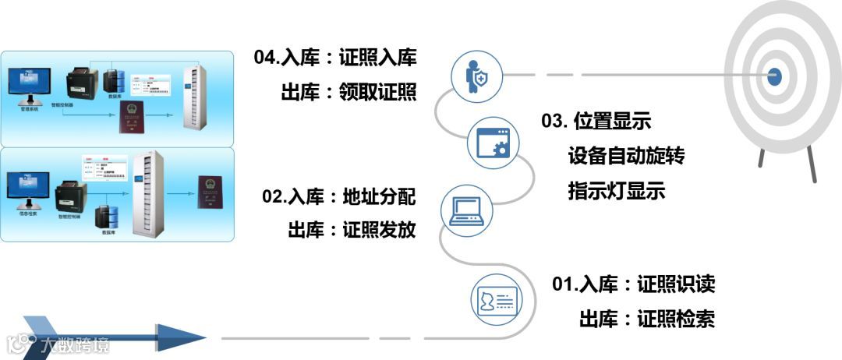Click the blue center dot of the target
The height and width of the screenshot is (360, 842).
click(x=774, y=76)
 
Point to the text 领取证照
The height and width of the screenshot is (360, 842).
click(x=378, y=94)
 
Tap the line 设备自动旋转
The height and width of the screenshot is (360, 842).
click(x=626, y=157)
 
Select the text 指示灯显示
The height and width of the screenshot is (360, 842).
click(x=617, y=191)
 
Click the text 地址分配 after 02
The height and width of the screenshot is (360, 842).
click(x=379, y=197)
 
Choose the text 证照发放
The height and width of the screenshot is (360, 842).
click(x=379, y=231)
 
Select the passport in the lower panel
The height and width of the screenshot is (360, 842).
click(x=208, y=191)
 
